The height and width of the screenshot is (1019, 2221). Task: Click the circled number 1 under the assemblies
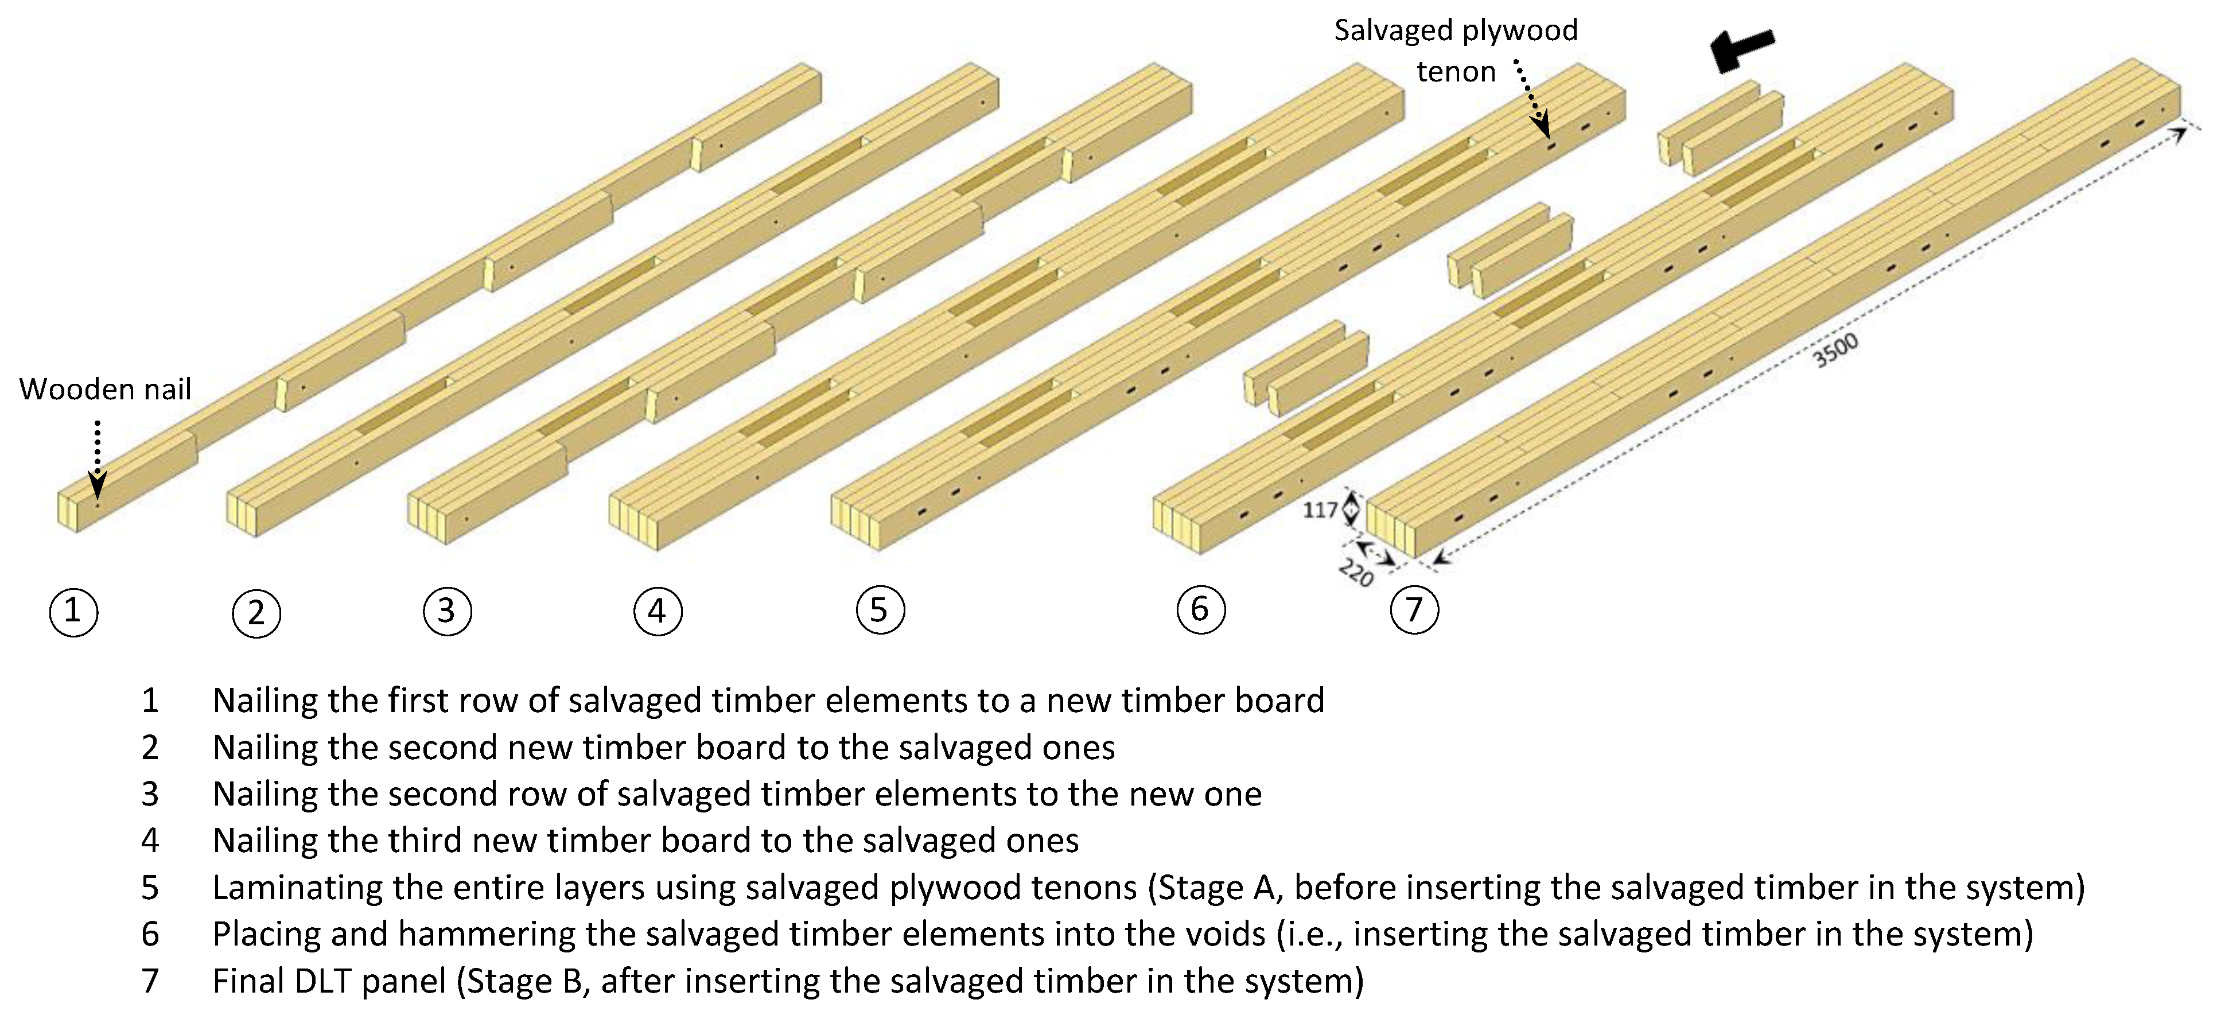tap(73, 611)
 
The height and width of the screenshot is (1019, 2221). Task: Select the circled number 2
tap(256, 613)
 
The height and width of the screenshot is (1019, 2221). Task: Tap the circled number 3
tap(446, 611)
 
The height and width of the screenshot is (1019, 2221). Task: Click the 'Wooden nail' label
tap(105, 390)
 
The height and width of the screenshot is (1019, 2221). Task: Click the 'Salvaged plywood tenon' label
tap(1456, 51)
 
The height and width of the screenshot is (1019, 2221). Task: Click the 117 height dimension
tap(1319, 511)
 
